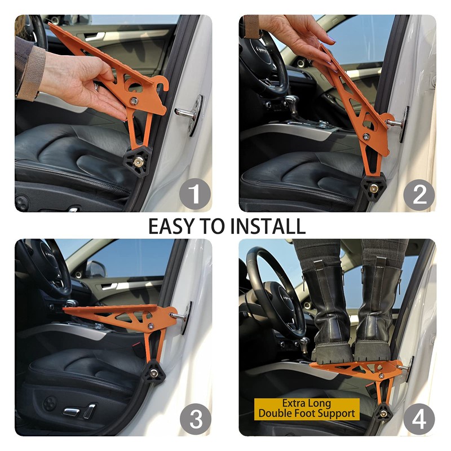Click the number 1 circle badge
tap(194, 194)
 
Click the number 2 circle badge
tap(419, 194)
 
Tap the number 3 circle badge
tap(194, 419)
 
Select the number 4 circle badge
tap(419, 419)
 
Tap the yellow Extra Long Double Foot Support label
tap(307, 408)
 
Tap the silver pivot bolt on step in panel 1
tap(134, 101)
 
